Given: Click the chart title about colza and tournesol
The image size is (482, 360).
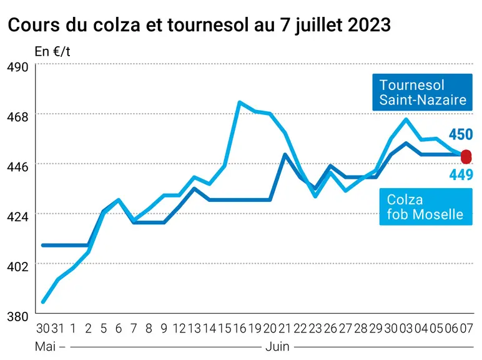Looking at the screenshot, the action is pyautogui.click(x=199, y=25).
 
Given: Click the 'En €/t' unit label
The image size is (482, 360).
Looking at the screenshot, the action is pyautogui.click(x=52, y=51).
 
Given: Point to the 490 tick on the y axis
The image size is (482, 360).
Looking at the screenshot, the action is pyautogui.click(x=17, y=67).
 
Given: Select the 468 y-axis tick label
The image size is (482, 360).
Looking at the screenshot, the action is pyautogui.click(x=17, y=117).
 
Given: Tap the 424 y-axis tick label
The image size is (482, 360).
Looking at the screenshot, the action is pyautogui.click(x=17, y=217).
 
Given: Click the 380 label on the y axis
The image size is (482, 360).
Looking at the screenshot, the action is pyautogui.click(x=17, y=316).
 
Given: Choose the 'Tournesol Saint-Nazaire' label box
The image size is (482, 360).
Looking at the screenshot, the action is pyautogui.click(x=422, y=92).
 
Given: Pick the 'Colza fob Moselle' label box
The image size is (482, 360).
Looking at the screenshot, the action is pyautogui.click(x=426, y=207).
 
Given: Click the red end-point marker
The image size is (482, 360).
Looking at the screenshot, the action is pyautogui.click(x=466, y=157).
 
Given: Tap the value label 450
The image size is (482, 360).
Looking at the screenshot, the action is pyautogui.click(x=461, y=134).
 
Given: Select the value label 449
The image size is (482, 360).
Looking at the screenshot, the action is pyautogui.click(x=461, y=175).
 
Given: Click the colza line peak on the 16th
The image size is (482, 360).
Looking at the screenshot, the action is pyautogui.click(x=240, y=102).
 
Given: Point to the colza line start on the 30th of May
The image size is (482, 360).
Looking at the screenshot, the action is pyautogui.click(x=43, y=302).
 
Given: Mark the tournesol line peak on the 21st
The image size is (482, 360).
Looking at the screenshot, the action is pyautogui.click(x=285, y=154).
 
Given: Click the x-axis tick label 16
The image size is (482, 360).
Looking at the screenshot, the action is pyautogui.click(x=240, y=329).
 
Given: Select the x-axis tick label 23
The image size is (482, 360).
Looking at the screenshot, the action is pyautogui.click(x=315, y=329).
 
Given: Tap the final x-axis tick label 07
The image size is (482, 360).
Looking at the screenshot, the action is pyautogui.click(x=466, y=329).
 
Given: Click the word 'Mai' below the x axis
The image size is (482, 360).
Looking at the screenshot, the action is pyautogui.click(x=45, y=347).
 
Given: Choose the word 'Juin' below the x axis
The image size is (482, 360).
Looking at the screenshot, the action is pyautogui.click(x=277, y=347).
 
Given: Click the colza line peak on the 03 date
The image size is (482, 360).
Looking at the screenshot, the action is pyautogui.click(x=406, y=119).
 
